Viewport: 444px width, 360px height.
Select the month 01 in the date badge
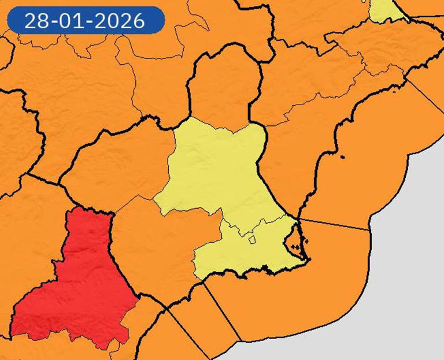(x=74, y=21)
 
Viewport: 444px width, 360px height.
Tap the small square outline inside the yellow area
(x=252, y=239)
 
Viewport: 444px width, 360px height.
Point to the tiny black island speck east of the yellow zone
(x=343, y=157)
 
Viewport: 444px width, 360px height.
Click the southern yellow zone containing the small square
(x=243, y=254)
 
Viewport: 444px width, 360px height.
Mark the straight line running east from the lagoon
(x=335, y=225)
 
